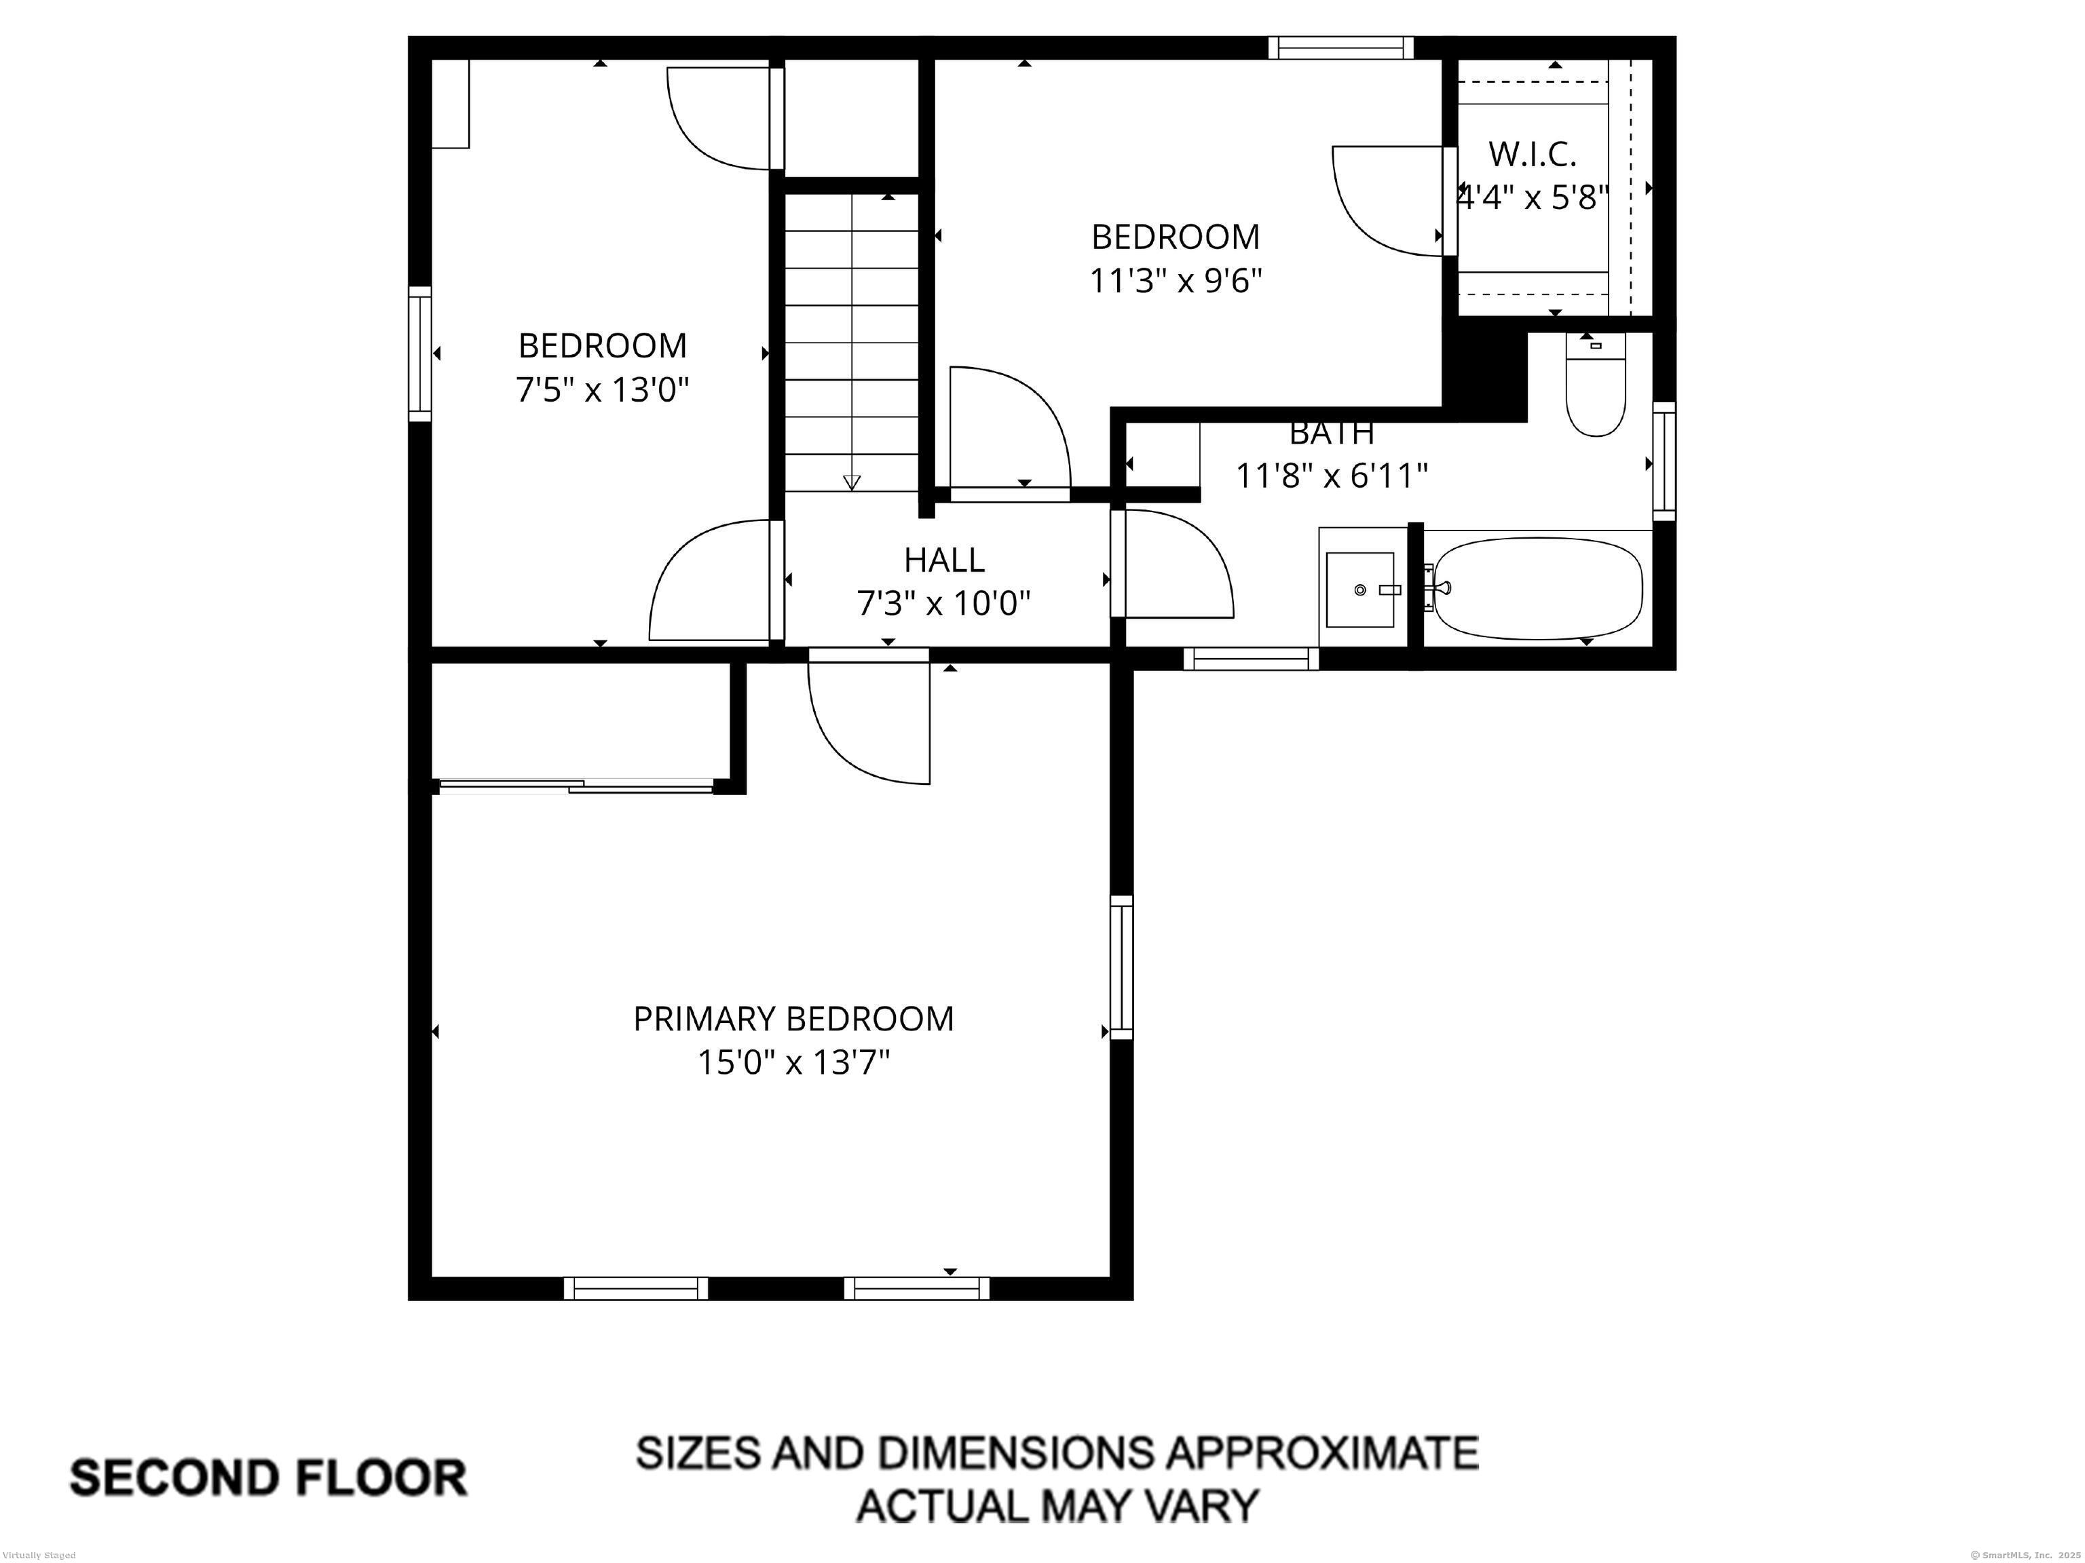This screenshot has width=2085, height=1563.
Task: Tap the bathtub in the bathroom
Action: point(1537,588)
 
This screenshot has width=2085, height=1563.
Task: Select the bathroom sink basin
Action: point(1359,590)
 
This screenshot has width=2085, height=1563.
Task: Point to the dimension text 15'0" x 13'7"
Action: point(793,1064)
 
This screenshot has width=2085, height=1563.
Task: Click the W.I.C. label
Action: point(1532,153)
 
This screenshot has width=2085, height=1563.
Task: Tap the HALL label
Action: point(943,560)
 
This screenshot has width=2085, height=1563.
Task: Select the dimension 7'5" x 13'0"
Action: point(602,389)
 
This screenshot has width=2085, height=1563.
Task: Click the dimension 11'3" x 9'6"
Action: point(1176,281)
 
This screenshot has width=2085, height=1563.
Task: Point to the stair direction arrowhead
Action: point(851,482)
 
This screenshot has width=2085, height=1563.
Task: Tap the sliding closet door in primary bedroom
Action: point(575,785)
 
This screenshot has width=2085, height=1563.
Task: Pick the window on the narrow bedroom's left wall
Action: point(419,353)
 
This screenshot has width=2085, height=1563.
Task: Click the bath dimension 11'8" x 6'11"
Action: point(1331,476)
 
